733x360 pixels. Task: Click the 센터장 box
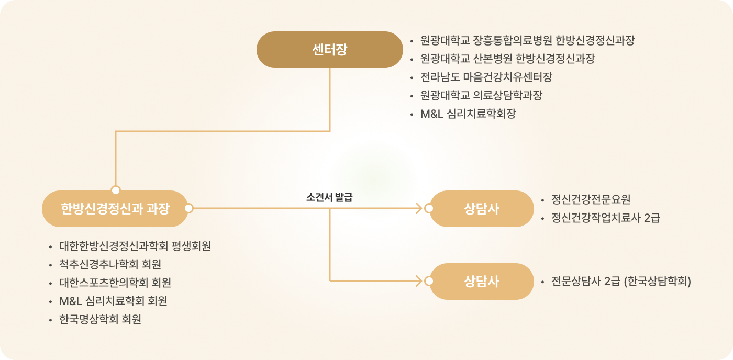point(329,50)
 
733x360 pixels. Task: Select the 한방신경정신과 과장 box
point(115,209)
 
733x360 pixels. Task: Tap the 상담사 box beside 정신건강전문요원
point(481,209)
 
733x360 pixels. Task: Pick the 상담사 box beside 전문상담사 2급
point(481,282)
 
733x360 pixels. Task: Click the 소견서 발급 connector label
point(329,198)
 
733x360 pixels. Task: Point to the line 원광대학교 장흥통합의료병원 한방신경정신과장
point(527,40)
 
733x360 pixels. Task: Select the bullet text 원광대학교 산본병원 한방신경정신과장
point(507,59)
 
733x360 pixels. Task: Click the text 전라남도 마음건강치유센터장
point(486,77)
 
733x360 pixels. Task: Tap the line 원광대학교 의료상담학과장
point(481,95)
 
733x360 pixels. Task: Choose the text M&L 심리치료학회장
point(468,114)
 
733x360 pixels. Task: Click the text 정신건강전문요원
point(591,199)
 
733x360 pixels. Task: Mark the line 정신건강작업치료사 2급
point(605,218)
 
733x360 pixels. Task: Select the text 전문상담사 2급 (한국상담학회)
point(621,282)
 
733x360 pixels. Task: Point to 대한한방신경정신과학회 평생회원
point(135,246)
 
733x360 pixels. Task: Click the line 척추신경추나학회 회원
point(110,264)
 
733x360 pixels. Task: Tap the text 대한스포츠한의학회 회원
point(115,283)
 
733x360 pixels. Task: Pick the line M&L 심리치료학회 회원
point(113,301)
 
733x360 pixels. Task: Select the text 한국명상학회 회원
point(100,319)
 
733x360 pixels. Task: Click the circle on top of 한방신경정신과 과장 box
point(116,190)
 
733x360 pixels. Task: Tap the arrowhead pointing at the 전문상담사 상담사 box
point(418,282)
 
